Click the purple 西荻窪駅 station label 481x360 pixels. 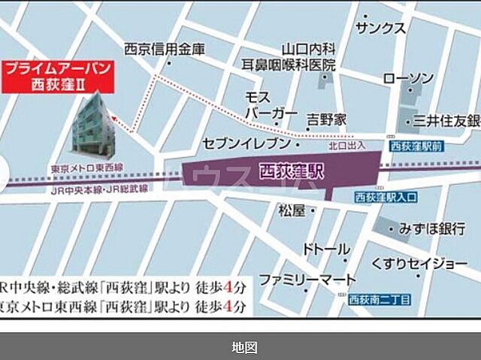pyautogui.click(x=290, y=171)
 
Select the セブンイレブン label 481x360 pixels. pyautogui.click(x=245, y=143)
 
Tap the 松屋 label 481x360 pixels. pyautogui.click(x=290, y=210)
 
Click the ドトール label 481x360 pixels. pyautogui.click(x=325, y=249)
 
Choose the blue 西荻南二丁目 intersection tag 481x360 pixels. pyautogui.click(x=380, y=300)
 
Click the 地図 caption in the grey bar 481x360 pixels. pyautogui.click(x=244, y=347)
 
